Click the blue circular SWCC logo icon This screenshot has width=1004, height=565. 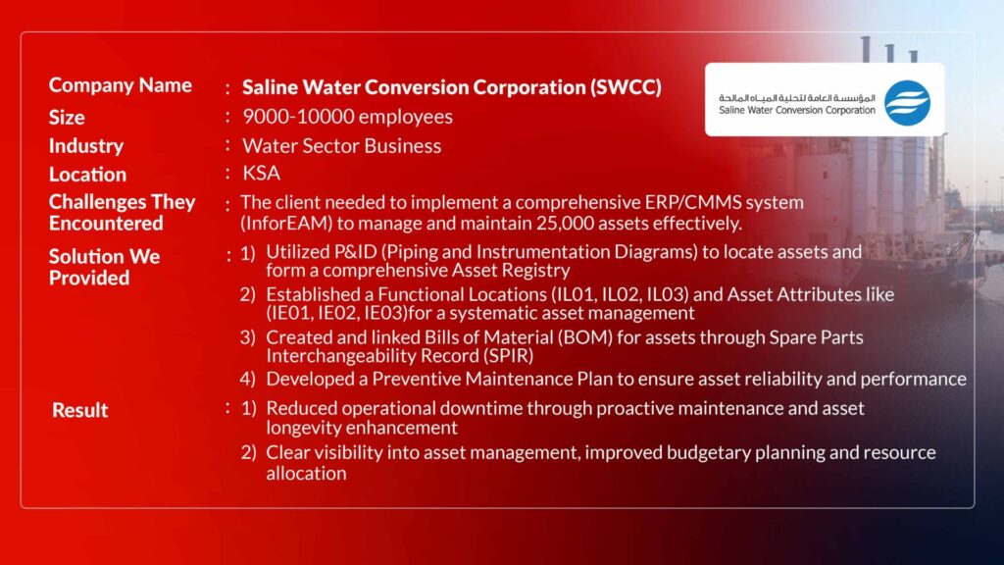click(907, 102)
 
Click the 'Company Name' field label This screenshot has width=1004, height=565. click(121, 85)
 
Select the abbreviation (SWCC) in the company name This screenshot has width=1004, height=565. click(626, 87)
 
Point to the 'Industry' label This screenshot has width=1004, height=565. click(86, 146)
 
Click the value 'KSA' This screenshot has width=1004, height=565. click(261, 173)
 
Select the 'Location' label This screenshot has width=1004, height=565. click(87, 175)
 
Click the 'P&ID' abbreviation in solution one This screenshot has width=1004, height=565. click(354, 252)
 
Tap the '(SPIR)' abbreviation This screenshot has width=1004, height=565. click(509, 356)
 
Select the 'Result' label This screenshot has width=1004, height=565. click(80, 410)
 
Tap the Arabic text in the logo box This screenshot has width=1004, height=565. click(796, 98)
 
